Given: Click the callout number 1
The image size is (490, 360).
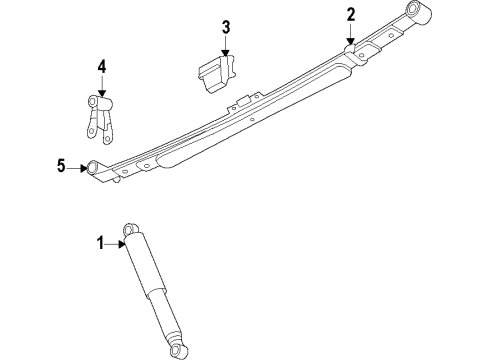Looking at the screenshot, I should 100,241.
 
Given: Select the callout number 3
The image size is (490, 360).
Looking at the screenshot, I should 226,26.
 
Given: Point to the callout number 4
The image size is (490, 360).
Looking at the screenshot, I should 101,67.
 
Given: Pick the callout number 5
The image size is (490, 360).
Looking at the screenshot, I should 61,167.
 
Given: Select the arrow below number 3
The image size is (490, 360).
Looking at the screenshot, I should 226,45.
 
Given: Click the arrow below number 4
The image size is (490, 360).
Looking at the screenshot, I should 101,86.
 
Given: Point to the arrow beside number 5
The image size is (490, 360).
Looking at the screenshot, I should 76,167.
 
